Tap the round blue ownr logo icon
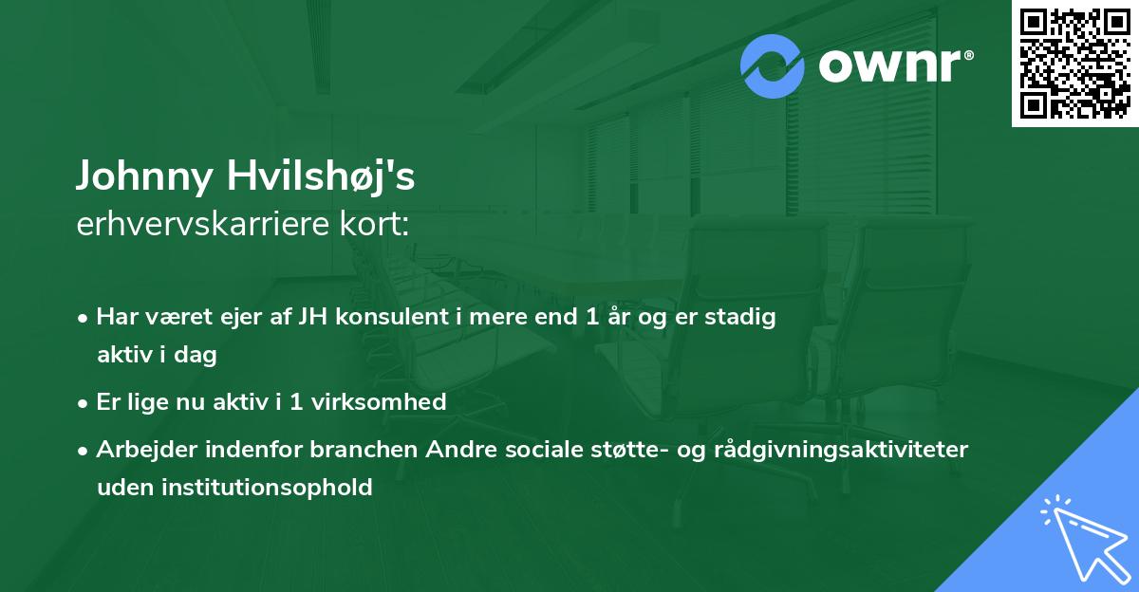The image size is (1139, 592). tap(774, 66)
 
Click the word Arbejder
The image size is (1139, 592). tap(142, 449)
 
